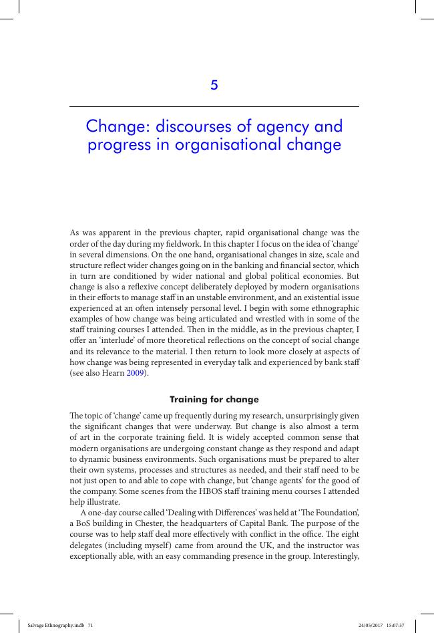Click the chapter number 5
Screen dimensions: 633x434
[214, 85]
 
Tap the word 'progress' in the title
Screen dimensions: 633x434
[116, 145]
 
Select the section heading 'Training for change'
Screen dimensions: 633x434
[214, 400]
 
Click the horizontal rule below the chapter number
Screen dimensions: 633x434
[214, 106]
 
